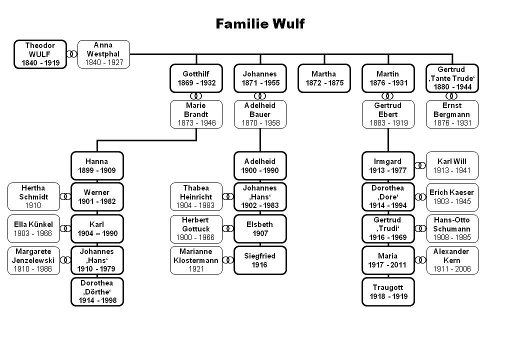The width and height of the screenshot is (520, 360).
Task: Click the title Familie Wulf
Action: point(260,23)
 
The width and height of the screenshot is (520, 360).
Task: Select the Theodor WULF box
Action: point(40,54)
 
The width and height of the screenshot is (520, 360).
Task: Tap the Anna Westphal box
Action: point(103,54)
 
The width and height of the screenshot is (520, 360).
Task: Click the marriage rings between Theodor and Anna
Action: point(72,54)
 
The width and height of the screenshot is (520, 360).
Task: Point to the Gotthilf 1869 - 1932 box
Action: point(196,78)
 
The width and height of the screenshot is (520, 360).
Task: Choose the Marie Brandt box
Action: point(196,114)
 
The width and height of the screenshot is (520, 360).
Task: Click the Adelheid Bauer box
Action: point(260,114)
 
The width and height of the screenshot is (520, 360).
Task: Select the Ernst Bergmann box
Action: point(452,114)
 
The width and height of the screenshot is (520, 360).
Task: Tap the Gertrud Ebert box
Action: point(388,114)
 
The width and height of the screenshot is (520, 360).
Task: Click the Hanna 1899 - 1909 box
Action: point(97,166)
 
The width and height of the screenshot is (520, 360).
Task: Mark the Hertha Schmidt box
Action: point(33,196)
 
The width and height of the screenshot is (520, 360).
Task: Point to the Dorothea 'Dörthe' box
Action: point(97,291)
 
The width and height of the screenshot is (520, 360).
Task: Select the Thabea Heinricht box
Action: point(196,196)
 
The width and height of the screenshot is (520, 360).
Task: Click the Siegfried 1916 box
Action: point(260,260)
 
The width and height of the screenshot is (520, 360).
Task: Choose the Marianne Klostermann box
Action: point(196,260)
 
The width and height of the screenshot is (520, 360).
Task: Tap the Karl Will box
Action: point(452,166)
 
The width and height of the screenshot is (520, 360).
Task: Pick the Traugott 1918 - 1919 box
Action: point(388,291)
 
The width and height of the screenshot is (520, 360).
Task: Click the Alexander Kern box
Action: point(452,260)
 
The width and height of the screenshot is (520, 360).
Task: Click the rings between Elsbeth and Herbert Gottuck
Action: point(228,228)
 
